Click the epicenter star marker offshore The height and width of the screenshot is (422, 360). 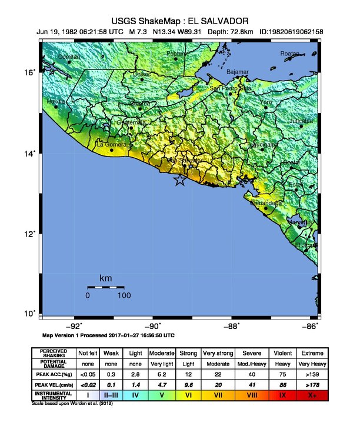181,181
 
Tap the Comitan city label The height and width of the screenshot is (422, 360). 69,57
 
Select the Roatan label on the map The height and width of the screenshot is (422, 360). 290,54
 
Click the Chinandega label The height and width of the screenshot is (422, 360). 266,203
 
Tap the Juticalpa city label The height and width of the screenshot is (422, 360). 302,121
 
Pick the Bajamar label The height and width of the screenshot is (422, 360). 238,72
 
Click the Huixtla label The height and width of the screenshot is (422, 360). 56,102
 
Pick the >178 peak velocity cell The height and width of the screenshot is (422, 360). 312,384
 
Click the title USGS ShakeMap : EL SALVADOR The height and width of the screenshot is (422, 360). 181,21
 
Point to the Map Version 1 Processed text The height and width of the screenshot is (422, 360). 108,335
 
